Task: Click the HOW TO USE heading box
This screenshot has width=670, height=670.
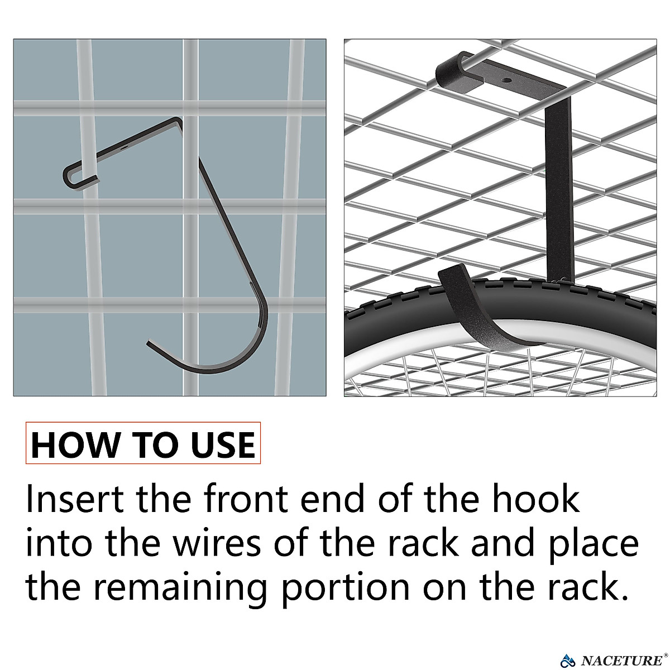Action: tap(143, 444)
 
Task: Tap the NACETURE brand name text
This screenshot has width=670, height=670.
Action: tap(620, 661)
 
